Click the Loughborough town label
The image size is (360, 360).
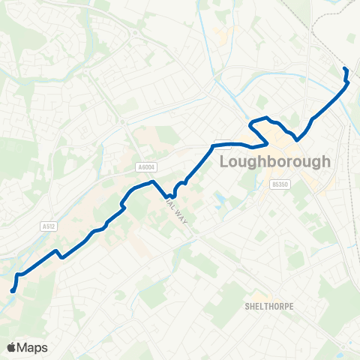click(x=274, y=162)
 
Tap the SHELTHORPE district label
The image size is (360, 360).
click(x=268, y=307)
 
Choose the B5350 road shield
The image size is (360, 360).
click(x=280, y=183)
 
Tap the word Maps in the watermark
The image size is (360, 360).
click(x=32, y=347)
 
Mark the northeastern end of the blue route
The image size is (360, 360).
click(x=344, y=70)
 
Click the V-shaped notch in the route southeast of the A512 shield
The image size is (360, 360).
click(x=61, y=256)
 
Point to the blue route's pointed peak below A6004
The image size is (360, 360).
click(x=153, y=181)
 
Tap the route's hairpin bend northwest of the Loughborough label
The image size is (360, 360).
click(x=253, y=124)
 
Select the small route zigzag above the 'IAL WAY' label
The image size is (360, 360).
click(x=177, y=190)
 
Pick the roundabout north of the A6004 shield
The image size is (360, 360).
click(x=139, y=32)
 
